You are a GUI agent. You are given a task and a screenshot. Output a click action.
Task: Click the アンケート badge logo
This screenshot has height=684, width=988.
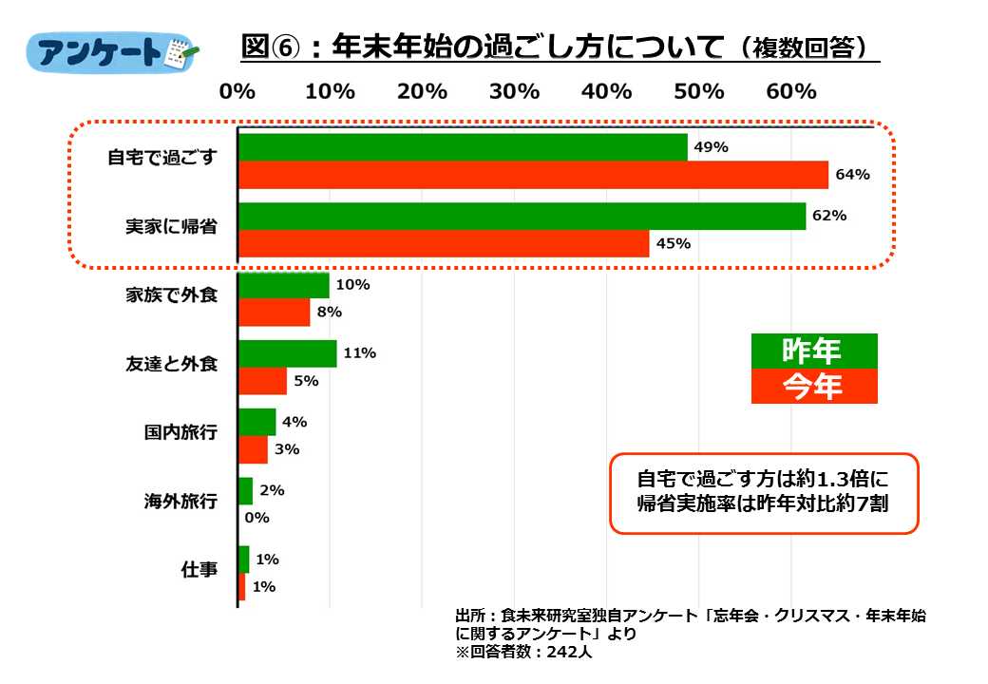113,53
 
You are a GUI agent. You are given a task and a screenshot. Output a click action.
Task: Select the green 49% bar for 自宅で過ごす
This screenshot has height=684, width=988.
463,147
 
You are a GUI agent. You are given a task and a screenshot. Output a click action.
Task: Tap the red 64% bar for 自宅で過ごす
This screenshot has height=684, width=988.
533,175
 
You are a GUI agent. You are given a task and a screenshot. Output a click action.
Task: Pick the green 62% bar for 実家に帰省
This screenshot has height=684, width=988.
522,216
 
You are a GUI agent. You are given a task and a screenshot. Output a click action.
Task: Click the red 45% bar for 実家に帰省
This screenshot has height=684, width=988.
444,243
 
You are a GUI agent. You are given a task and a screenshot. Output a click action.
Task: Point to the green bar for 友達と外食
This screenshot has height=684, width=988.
287,353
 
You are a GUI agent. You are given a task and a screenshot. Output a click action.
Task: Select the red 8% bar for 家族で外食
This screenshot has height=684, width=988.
274,313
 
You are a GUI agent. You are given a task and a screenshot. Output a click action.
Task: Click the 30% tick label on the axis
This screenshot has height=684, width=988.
514,92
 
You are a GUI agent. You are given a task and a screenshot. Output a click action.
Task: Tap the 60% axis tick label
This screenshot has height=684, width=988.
791,92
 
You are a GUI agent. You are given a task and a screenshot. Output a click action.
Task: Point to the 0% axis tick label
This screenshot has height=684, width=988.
237,92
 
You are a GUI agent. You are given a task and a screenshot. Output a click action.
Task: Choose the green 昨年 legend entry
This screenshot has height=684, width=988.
813,351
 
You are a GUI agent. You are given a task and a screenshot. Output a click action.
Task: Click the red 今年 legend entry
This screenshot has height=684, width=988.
813,386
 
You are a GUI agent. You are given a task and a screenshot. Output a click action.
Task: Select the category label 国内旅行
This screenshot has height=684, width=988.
180,433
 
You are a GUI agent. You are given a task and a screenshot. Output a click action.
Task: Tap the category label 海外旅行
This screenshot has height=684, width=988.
180,501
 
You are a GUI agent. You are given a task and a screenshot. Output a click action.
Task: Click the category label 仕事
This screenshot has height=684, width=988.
199,570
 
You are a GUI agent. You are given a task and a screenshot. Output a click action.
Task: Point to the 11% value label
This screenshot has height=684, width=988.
360,353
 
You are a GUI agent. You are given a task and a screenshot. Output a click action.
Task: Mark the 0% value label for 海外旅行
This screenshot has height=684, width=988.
256,518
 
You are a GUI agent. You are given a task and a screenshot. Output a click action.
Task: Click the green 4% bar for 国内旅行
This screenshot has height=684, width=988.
256,422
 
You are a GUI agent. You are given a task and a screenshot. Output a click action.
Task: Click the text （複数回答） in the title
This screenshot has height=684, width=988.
803,47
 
